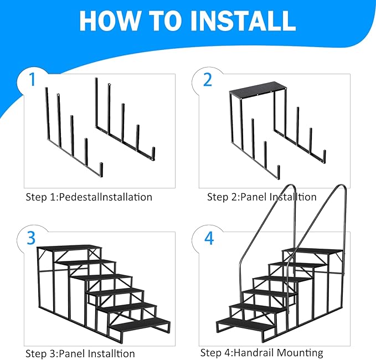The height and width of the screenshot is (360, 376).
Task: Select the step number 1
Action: (x=32, y=80)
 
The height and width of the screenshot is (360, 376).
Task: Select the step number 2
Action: (x=208, y=80)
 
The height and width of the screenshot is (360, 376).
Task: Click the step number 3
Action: (x=32, y=238)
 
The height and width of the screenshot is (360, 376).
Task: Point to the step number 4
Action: (x=208, y=238)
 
